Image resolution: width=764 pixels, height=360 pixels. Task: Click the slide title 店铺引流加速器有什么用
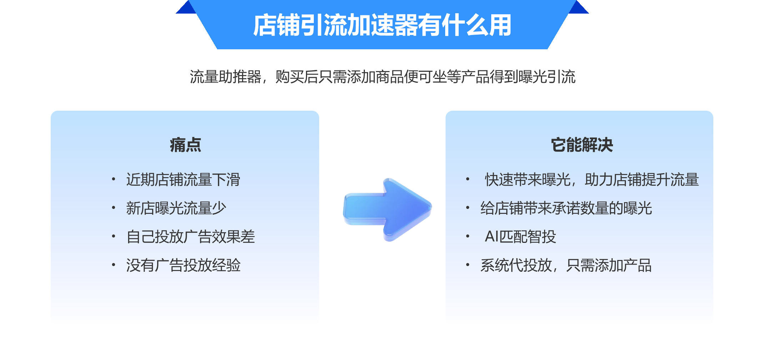382,25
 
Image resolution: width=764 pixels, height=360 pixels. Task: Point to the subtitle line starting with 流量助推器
382,77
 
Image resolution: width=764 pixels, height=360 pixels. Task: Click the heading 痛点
185,145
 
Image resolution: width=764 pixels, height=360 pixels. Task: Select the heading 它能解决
582,145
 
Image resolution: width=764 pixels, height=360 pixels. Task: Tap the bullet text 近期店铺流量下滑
183,179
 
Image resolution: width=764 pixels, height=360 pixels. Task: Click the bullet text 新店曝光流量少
176,208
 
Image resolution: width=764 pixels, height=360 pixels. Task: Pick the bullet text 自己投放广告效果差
191,236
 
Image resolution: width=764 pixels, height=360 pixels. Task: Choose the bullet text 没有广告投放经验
183,265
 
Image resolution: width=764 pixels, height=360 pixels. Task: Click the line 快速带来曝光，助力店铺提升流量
592,179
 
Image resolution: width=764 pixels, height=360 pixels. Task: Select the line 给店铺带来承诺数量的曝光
566,208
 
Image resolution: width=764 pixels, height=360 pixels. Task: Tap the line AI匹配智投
520,236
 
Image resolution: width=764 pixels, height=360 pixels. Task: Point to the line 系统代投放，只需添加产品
566,265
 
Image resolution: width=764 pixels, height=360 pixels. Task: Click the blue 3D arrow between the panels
387,210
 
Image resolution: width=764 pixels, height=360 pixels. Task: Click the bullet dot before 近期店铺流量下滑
113,179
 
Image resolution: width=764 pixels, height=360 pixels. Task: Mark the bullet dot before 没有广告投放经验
113,265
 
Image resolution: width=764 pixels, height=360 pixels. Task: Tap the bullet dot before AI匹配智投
467,236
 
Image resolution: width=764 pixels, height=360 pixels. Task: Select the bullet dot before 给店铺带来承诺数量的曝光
467,207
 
